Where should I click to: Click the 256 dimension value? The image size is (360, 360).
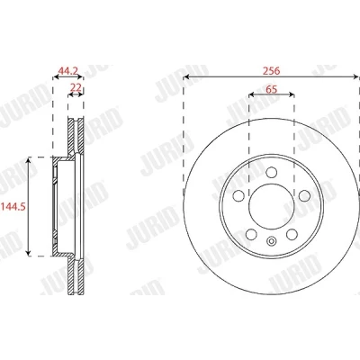click(271, 71)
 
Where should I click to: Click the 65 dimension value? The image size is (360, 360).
click(271, 89)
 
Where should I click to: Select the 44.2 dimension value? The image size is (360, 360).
click(68, 71)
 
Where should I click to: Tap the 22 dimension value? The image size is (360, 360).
click(76, 87)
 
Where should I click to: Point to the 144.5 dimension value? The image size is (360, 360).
click(13, 206)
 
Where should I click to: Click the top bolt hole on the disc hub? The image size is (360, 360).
click(272, 172)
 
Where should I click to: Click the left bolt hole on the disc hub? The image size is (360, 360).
click(238, 196)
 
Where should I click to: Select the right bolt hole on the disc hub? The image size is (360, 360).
click(304, 196)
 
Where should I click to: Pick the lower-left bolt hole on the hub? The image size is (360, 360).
click(251, 235)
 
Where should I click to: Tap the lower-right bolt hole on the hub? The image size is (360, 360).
click(292, 235)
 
